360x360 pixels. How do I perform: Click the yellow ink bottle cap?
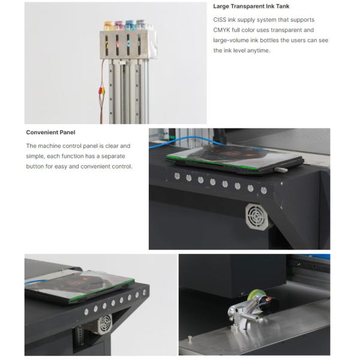point(108,25)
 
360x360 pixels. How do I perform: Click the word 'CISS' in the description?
point(220,20)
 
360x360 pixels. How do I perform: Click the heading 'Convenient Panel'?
point(50,132)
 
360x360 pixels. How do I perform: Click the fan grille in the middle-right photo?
point(256,215)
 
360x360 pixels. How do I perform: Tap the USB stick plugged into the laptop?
point(280,170)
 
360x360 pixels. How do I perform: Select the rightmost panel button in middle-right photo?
point(263,190)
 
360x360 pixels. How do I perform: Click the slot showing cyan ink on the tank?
point(130,44)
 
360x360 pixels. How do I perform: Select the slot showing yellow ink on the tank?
point(108,44)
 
